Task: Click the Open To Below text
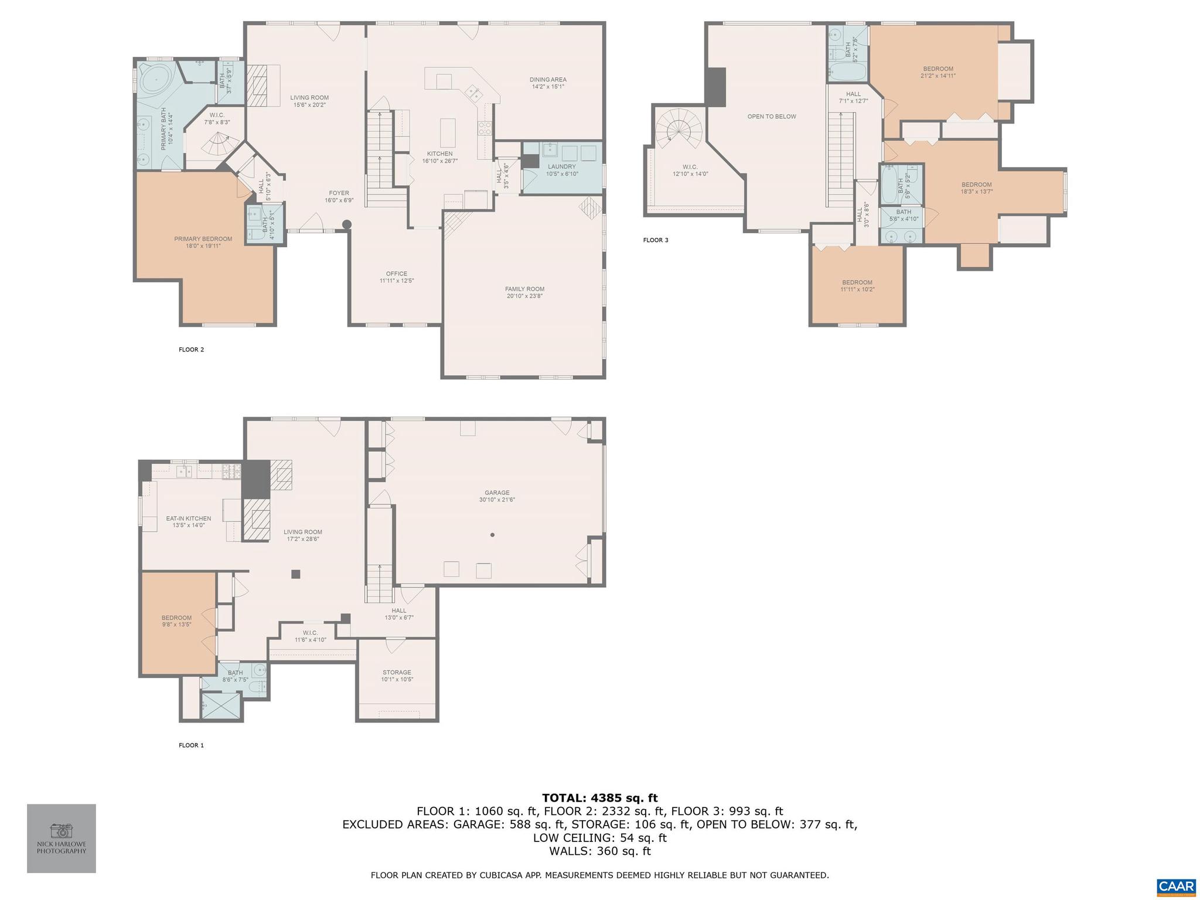(771, 117)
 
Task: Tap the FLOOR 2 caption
(191, 350)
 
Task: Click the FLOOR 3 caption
(655, 240)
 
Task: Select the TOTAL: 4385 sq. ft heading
(599, 797)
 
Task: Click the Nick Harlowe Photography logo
(62, 838)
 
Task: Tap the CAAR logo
(1175, 887)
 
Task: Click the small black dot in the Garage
(492, 535)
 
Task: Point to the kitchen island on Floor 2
(447, 133)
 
